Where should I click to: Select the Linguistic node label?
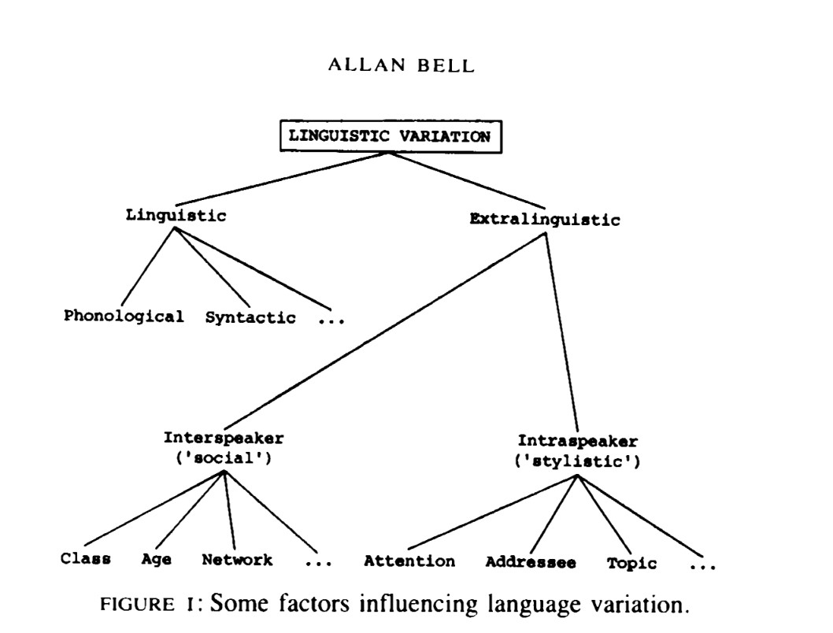click(x=176, y=216)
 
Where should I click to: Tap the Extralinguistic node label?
click(x=544, y=220)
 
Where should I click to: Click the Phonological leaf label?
click(x=124, y=316)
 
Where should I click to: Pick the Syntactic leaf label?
click(x=250, y=318)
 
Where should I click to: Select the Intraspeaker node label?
click(x=578, y=442)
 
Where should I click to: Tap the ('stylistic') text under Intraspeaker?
click(x=577, y=461)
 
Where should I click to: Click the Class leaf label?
click(x=85, y=560)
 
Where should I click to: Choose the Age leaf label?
click(x=157, y=560)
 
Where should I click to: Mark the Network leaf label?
click(x=237, y=560)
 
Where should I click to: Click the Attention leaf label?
click(x=409, y=561)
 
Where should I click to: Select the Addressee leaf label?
click(x=530, y=562)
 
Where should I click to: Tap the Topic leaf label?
click(x=631, y=563)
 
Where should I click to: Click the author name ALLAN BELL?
click(x=401, y=66)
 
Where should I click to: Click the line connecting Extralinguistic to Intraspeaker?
click(x=562, y=331)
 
